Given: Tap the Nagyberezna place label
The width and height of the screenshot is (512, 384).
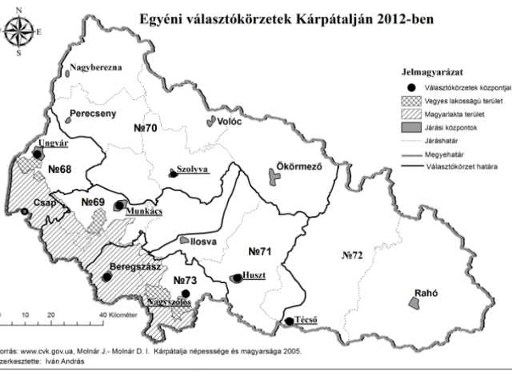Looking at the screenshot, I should coord(95,68).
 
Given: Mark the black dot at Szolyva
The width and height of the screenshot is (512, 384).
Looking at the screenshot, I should coord(171,174).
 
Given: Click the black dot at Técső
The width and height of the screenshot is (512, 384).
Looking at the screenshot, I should coord(289,322).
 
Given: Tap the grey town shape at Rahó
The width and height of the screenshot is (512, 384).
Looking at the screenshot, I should coord(414,304).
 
